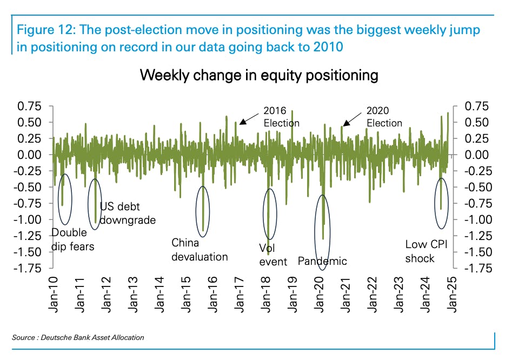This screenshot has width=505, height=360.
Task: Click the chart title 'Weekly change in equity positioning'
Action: pyautogui.click(x=259, y=75)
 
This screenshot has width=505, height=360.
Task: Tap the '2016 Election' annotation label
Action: pyautogui.click(x=281, y=117)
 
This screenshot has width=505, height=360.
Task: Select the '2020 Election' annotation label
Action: pyautogui.click(x=384, y=117)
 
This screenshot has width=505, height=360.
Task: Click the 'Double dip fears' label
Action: pyautogui.click(x=72, y=239)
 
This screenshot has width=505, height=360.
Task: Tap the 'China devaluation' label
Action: pyautogui.click(x=200, y=249)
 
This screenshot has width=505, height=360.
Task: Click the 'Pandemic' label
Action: pyautogui.click(x=322, y=261)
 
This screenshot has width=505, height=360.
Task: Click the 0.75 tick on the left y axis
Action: pyautogui.click(x=30, y=106)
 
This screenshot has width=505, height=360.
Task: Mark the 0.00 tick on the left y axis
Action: pyautogui.click(x=30, y=155)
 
